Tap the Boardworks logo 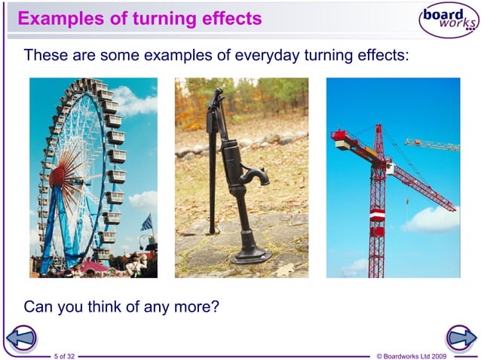[x=448, y=20]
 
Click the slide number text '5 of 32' [x=65, y=355]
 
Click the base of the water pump [x=250, y=257]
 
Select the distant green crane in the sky [x=433, y=145]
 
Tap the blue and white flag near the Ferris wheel [x=146, y=222]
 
